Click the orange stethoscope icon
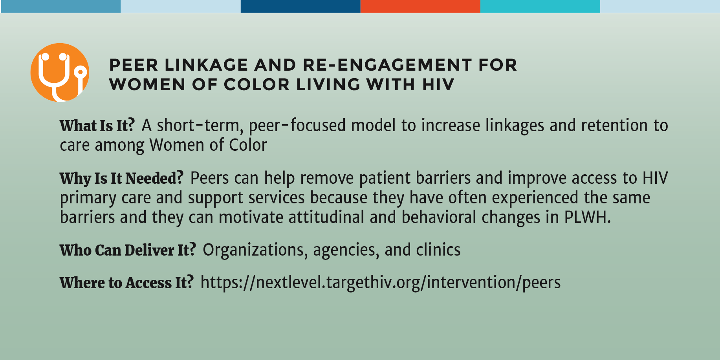60,72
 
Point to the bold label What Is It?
97,126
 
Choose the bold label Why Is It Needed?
121,178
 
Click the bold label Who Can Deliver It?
128,250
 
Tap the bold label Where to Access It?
126,283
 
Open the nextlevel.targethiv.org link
380,283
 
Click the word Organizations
255,250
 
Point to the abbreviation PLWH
587,217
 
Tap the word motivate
251,217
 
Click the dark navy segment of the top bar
300,6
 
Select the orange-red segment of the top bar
420,6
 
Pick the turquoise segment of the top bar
540,6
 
